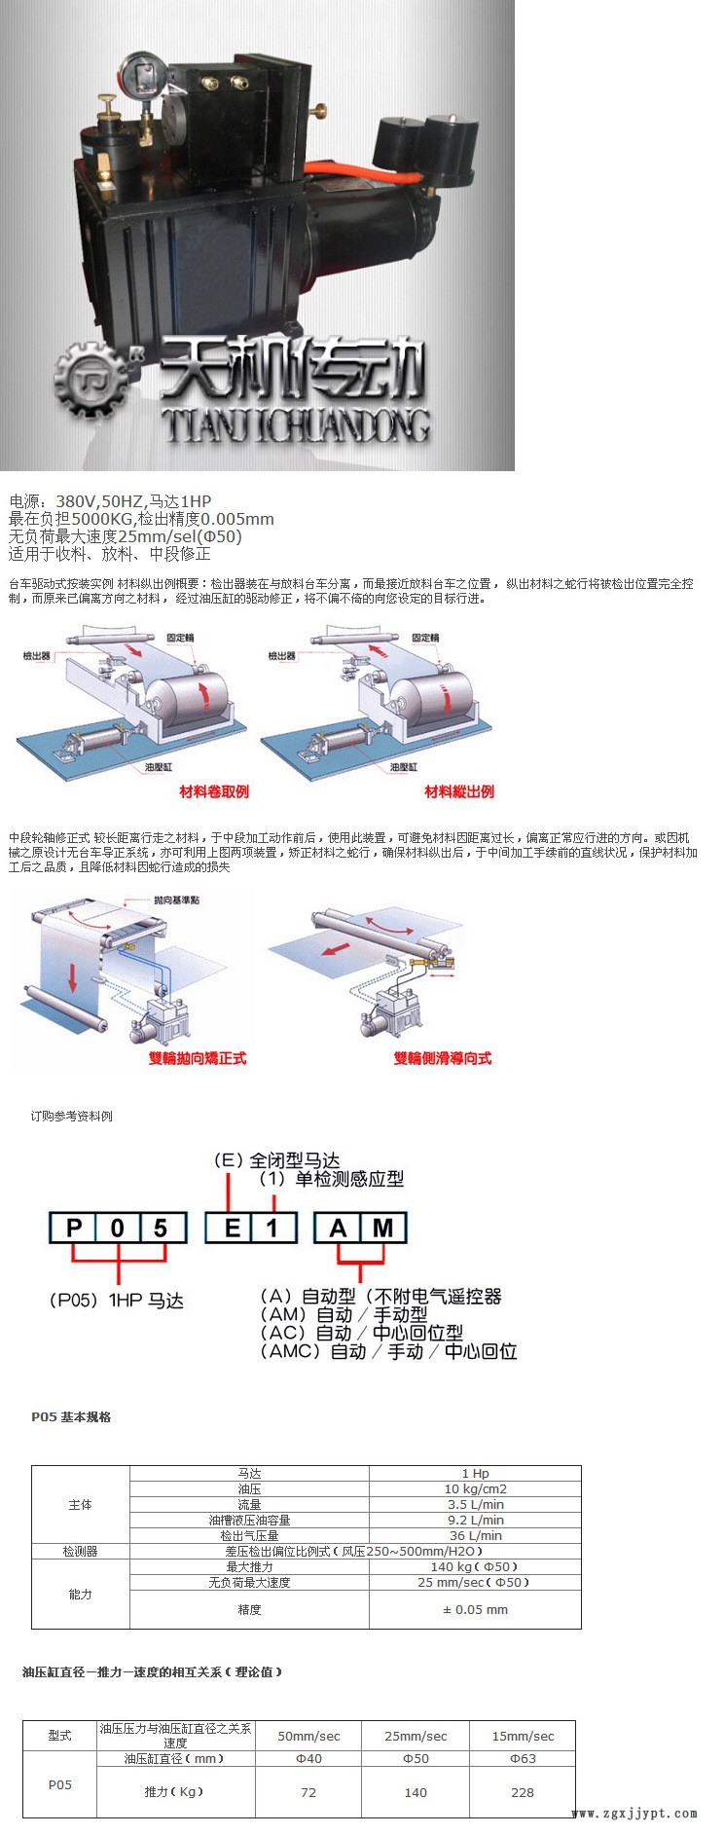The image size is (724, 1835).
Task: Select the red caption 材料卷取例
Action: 214,791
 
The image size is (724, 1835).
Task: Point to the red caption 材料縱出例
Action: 459,791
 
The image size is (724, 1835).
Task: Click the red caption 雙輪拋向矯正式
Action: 197,1058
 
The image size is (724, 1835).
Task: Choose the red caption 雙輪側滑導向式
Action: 443,1058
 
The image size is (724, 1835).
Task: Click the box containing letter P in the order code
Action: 74,1228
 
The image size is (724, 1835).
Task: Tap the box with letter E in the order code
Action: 231,1228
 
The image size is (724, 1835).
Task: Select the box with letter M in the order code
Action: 382,1228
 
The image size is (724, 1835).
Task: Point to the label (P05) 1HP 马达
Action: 117,1301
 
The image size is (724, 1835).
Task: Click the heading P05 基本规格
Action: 71,1416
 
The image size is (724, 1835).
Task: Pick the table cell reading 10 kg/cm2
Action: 475,1488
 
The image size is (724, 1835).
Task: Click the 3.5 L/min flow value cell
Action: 475,1504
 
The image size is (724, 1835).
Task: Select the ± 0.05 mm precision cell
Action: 475,1609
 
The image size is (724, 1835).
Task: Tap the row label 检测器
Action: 81,1551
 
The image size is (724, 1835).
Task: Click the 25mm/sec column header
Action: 416,1736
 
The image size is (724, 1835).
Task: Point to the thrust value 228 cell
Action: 523,1792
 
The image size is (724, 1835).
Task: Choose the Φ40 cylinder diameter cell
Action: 308,1758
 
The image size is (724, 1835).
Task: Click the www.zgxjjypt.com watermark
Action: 633,1813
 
